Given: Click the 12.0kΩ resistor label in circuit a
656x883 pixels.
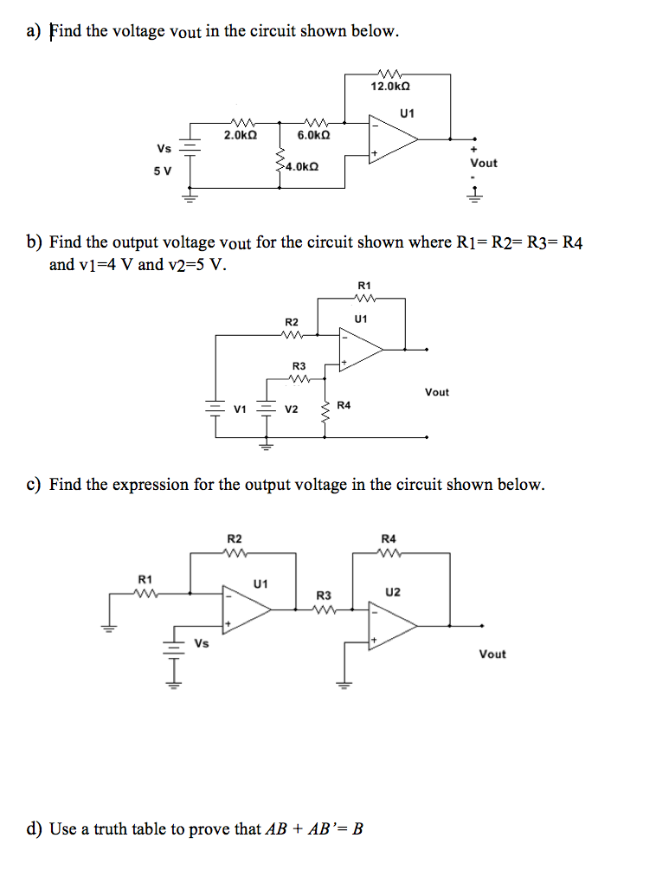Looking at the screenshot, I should point(389,87).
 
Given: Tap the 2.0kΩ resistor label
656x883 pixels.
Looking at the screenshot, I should point(240,136).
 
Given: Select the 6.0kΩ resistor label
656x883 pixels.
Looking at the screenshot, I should point(312,136).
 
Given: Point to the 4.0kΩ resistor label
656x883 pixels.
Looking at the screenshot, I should point(301,165).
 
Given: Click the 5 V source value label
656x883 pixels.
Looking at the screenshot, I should point(163,171).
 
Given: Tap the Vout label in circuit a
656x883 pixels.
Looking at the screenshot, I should point(483,163).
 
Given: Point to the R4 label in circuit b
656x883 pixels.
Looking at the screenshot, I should point(344,404).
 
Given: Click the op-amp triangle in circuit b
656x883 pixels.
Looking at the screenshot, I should point(362,349).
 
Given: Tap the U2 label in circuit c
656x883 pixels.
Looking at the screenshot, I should point(392,592).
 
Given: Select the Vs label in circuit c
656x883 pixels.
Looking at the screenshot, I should point(202,643).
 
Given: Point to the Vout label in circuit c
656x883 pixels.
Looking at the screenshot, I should point(492,654).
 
